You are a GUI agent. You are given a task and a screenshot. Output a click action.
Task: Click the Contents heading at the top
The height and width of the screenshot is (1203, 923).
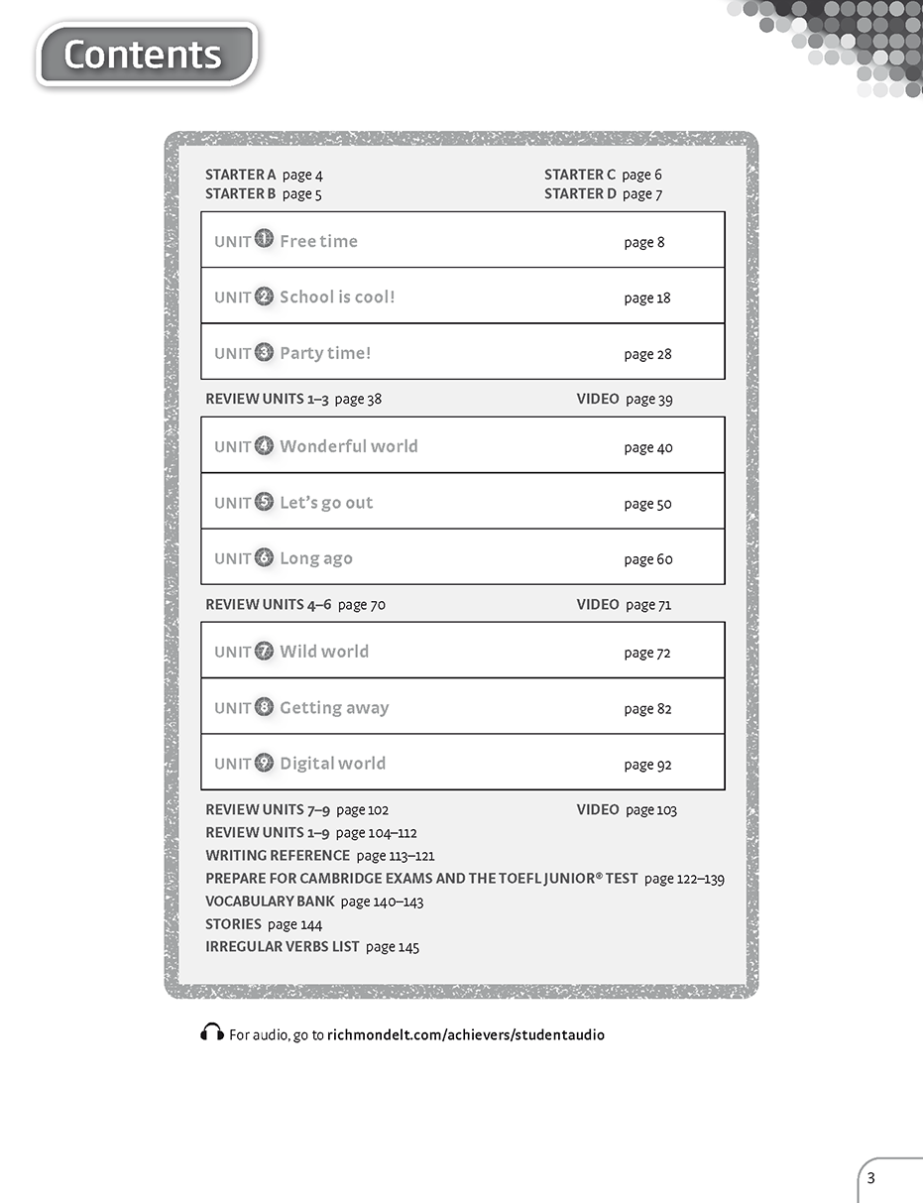(x=144, y=55)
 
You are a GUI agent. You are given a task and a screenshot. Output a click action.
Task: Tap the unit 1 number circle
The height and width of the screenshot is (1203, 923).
(x=264, y=239)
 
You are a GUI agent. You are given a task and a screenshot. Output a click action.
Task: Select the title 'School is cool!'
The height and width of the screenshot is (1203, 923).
(x=337, y=297)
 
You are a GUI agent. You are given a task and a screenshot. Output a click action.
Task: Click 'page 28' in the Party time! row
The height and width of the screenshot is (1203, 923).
(x=647, y=354)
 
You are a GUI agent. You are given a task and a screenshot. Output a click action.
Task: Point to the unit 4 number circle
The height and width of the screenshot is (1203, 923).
(x=264, y=445)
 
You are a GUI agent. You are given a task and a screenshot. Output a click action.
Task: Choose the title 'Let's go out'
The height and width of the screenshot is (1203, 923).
(x=326, y=502)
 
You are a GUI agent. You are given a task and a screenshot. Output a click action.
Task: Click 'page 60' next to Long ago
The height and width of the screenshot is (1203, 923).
(x=648, y=559)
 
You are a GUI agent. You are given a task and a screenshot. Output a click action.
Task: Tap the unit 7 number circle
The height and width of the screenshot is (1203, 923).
(x=264, y=651)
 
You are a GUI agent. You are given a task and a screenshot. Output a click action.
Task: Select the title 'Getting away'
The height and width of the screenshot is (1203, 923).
(x=334, y=707)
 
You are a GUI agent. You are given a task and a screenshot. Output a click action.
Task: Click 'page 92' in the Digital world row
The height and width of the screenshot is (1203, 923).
(x=647, y=765)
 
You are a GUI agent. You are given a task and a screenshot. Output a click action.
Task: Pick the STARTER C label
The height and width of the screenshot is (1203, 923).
(x=580, y=175)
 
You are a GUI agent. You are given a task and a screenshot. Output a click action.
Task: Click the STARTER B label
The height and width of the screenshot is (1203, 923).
(x=241, y=193)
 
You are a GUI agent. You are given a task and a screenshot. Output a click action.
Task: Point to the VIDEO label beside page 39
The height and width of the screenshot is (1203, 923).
(x=598, y=399)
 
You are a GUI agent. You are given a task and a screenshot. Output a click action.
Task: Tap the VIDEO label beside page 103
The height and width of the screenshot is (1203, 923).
(x=598, y=809)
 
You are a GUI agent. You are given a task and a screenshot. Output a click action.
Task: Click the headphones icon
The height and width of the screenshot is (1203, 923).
(x=211, y=1033)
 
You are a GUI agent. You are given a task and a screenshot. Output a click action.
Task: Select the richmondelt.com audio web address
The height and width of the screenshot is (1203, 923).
(x=465, y=1034)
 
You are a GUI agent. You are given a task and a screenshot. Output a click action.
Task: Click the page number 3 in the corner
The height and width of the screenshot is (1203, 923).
(x=871, y=1178)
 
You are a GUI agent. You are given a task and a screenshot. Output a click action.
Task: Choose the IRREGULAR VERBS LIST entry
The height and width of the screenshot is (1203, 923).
(x=283, y=946)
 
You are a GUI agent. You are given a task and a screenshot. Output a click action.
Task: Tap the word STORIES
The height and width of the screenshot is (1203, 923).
(x=233, y=923)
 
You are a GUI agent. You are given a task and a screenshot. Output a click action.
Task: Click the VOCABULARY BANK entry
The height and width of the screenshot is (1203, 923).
(x=269, y=901)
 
